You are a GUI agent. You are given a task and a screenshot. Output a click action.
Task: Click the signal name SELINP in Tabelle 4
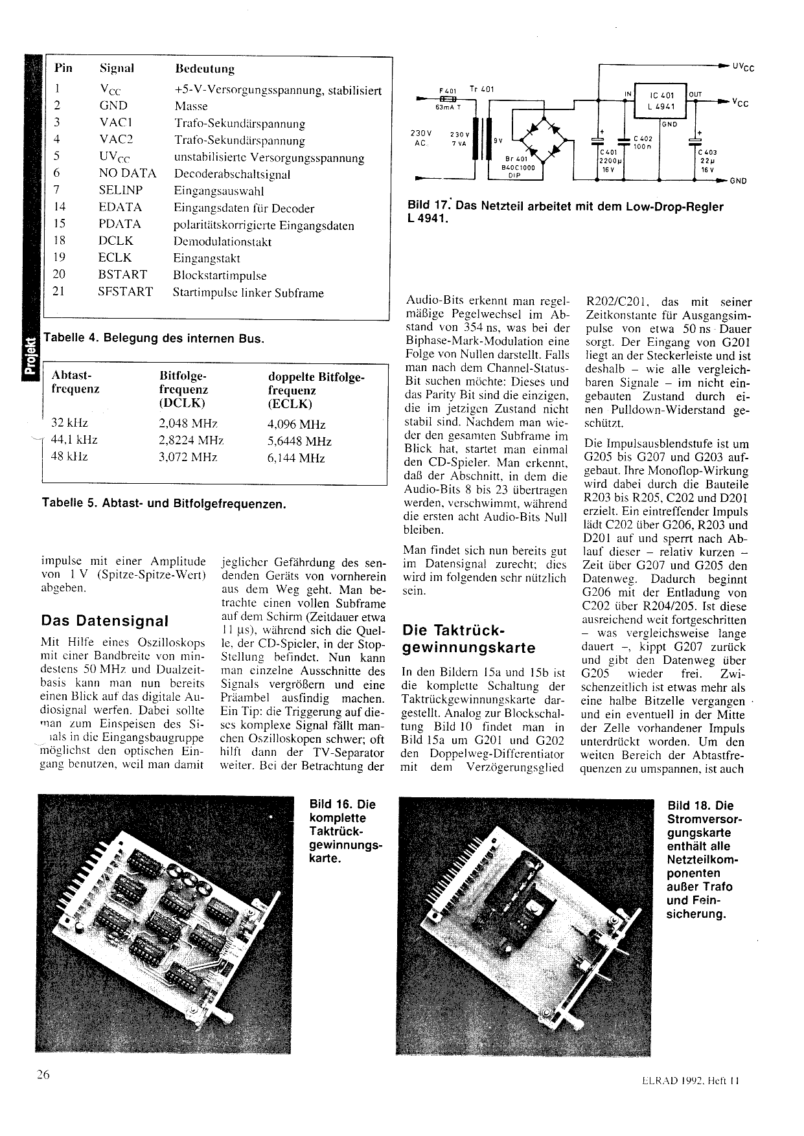pyautogui.click(x=121, y=190)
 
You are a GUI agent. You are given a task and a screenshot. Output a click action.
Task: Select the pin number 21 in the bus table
pyautogui.click(x=58, y=291)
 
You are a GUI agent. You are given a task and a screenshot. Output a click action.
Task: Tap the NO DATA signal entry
pyautogui.click(x=128, y=173)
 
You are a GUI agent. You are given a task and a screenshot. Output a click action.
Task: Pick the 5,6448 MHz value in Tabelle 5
pyautogui.click(x=299, y=442)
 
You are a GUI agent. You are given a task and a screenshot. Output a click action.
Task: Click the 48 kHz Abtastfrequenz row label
pyautogui.click(x=69, y=457)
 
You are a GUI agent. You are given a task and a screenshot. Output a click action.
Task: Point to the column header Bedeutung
pyautogui.click(x=204, y=69)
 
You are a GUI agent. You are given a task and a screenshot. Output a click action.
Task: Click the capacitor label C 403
pyautogui.click(x=707, y=153)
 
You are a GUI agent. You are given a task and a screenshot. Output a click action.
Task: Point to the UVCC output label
pyautogui.click(x=743, y=67)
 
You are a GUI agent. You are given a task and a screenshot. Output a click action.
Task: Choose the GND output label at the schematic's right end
pyautogui.click(x=738, y=181)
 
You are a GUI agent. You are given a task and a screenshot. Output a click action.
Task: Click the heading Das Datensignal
pyautogui.click(x=104, y=621)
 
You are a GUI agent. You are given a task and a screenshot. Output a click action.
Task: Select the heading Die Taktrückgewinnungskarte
pyautogui.click(x=469, y=639)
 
